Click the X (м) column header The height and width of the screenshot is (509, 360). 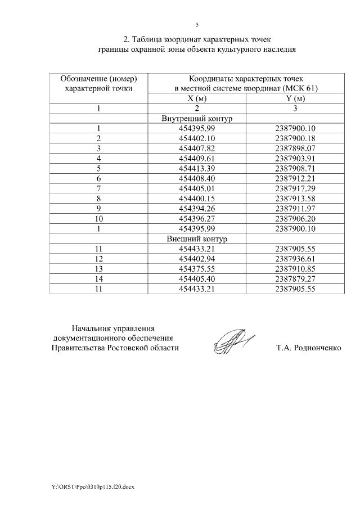197,98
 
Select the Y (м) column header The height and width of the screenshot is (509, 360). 295,98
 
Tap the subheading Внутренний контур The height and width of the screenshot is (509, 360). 197,119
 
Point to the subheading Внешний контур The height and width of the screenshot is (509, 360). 197,238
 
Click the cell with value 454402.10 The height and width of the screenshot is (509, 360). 197,138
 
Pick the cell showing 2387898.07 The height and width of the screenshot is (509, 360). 295,148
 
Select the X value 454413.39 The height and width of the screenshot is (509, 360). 197,169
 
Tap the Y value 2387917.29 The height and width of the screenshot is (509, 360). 295,188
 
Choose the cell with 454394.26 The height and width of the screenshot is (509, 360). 197,209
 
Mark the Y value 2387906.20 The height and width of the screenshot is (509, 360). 295,219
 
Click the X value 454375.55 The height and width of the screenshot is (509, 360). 197,269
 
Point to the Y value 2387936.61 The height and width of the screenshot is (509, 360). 295,259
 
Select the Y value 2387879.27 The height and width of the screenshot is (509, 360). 295,279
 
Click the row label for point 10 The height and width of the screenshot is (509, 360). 98,219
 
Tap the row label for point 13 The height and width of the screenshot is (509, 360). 98,269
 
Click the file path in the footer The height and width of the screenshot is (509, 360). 89,485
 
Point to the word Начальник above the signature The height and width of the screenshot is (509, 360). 92,328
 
